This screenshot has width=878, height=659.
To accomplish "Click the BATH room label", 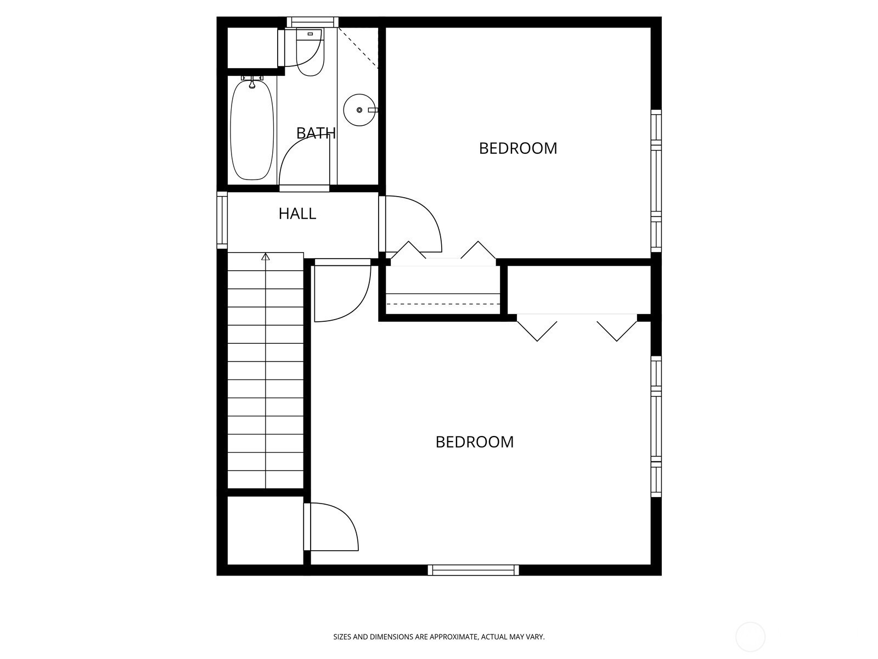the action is tap(316, 133).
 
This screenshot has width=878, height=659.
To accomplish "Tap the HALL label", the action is tap(297, 214).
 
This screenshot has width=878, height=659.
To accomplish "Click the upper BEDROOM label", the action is tap(518, 148).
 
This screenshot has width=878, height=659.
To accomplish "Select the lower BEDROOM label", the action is tap(475, 442).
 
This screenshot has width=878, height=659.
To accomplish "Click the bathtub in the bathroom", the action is tap(252, 129).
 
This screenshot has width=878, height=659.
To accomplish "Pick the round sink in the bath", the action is tap(359, 110).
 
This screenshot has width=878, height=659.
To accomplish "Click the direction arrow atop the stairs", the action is tap(265, 257).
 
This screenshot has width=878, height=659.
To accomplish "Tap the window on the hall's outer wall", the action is tap(222, 220).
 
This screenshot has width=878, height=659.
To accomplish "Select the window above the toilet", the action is tap(313, 22).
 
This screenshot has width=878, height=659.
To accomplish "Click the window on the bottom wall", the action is tap(473, 570).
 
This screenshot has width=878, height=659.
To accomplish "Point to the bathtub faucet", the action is tap(252, 83).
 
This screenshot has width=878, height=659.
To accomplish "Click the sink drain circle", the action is tap(359, 110).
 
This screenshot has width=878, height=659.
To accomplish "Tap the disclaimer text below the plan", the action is tap(439, 636).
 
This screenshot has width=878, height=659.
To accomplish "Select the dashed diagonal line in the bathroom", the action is tap(358, 48).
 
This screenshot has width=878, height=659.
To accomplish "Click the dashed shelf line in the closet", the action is tap(443, 304).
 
